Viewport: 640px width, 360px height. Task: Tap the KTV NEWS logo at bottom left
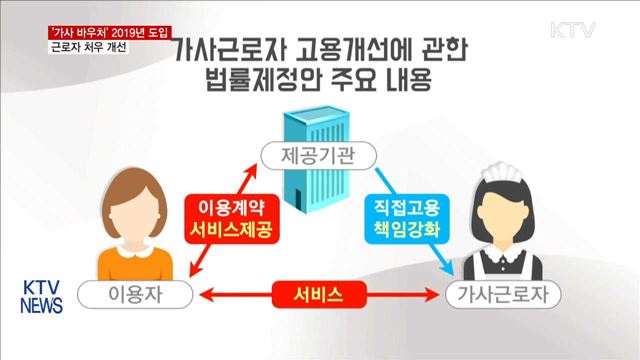coord(41,291)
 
